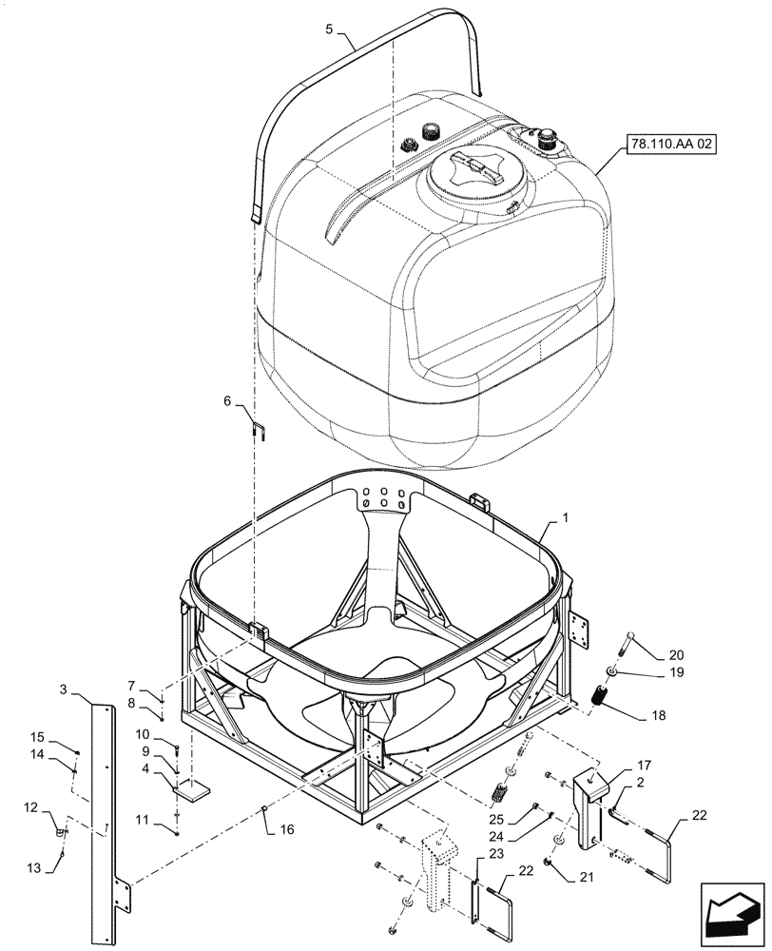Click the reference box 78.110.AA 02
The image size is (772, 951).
click(x=672, y=146)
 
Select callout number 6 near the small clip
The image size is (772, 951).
click(x=226, y=403)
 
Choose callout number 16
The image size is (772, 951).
click(x=287, y=829)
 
